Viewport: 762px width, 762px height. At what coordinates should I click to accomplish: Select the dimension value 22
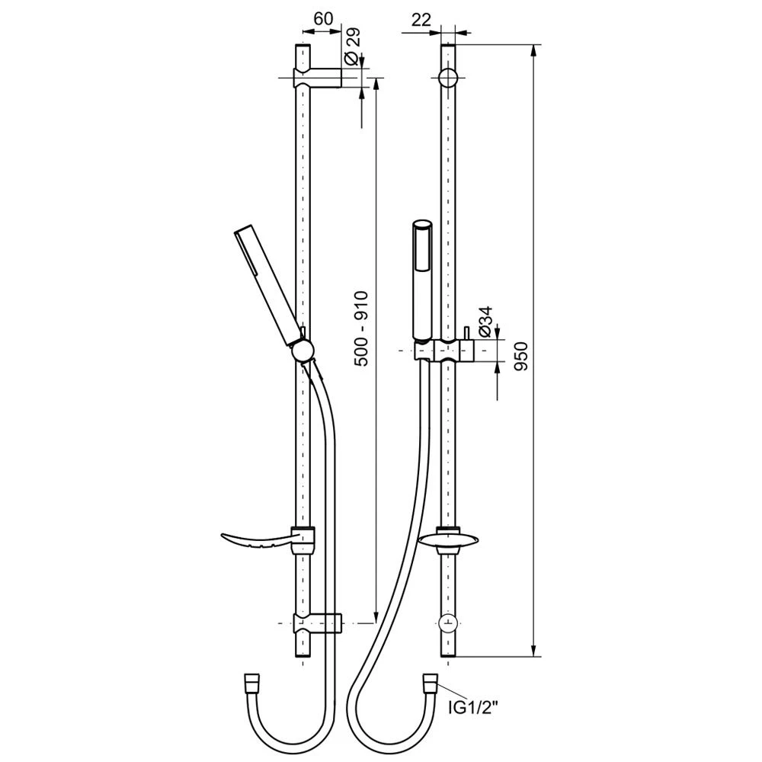pos(421,20)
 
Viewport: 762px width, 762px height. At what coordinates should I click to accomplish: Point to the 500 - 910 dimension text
pos(361,328)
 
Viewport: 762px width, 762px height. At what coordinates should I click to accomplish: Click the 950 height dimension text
pos(520,356)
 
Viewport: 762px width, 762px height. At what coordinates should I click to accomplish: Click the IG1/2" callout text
pos(473,707)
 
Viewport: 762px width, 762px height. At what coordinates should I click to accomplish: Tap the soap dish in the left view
pos(267,540)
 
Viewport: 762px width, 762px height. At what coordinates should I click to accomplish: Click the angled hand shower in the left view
pos(269,287)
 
